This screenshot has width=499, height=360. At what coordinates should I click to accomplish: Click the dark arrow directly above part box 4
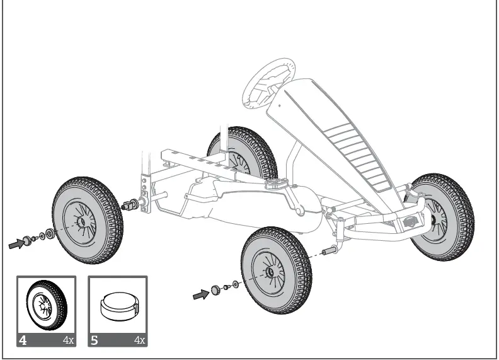click(18, 243)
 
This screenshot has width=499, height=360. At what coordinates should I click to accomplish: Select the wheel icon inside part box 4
click(45, 305)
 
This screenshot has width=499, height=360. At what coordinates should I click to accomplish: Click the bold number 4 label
click(23, 340)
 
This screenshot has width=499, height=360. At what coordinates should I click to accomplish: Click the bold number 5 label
click(95, 340)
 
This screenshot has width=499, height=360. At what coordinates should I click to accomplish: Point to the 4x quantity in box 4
click(68, 340)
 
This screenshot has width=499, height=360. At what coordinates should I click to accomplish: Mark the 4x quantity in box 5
click(139, 340)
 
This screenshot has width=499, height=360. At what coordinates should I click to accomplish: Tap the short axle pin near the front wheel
click(328, 252)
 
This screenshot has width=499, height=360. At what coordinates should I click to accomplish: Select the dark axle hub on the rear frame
click(132, 204)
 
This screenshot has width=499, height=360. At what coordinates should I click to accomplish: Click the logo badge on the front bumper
click(410, 221)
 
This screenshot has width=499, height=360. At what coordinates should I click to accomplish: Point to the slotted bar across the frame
click(189, 158)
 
